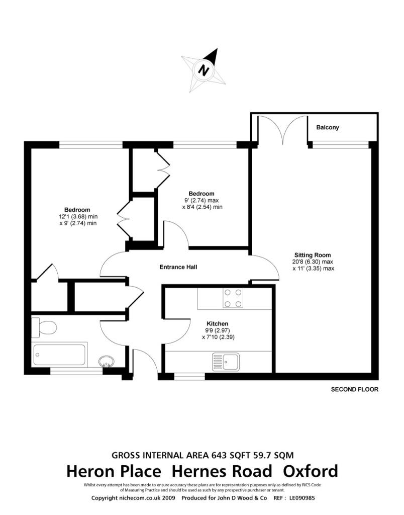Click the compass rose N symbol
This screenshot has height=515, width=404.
pos(204,69)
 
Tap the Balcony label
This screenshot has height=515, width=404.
pos(327,128)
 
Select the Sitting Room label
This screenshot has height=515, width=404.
pos(313,254)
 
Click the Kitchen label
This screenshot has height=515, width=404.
pos(218,323)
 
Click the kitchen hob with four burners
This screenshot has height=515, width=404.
pos(233,297)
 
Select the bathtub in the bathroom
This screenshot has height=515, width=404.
pos(60,355)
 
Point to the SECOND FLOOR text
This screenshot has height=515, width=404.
pos(354,389)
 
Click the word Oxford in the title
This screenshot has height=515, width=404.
pos(310,472)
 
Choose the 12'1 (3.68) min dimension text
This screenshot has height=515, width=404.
pos(77,217)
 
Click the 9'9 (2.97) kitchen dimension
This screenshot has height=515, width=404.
pos(218,330)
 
